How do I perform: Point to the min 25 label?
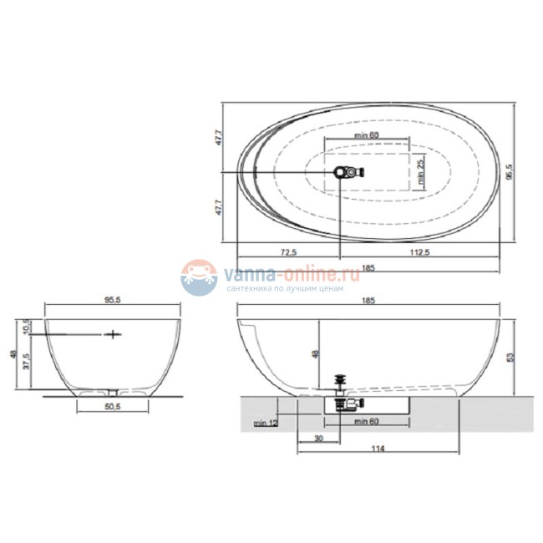(422, 170)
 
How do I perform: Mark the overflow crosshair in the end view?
(111, 334)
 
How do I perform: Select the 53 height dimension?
(511, 357)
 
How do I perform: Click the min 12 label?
(267, 424)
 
